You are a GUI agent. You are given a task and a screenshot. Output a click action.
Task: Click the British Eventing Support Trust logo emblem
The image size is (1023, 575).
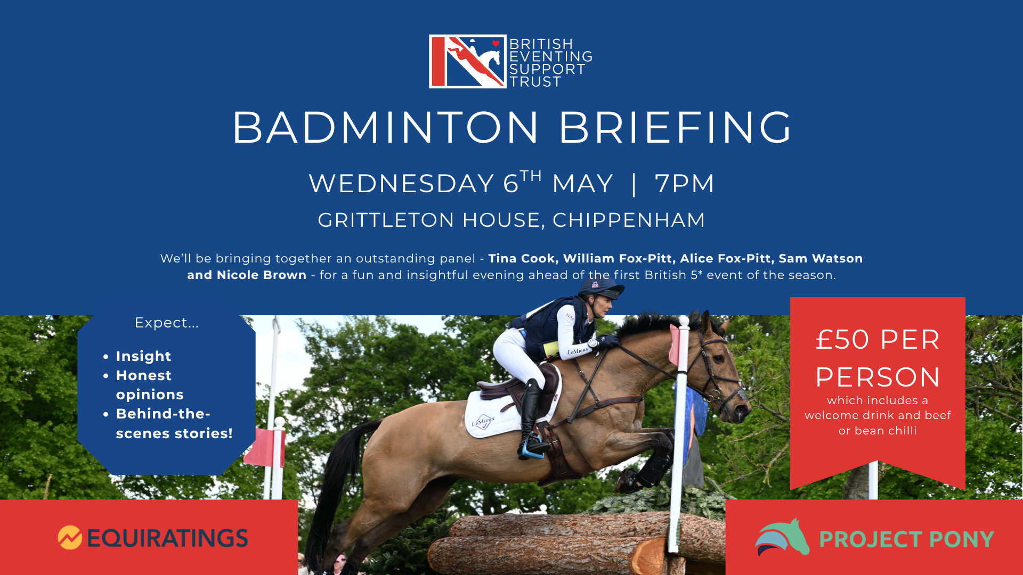pyautogui.click(x=467, y=62)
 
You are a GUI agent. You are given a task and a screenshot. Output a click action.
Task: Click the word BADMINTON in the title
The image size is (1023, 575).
pyautogui.click(x=386, y=128)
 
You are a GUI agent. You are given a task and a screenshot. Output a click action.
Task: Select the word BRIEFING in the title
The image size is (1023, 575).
pyautogui.click(x=675, y=128)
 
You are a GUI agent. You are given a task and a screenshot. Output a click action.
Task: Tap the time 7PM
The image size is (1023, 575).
pyautogui.click(x=684, y=184)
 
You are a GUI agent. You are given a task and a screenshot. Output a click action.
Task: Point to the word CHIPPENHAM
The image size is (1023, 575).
pyautogui.click(x=629, y=220)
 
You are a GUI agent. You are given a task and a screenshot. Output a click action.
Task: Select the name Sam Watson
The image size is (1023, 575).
pyautogui.click(x=821, y=259)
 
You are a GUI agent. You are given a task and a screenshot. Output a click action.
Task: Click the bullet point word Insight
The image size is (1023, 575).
pyautogui.click(x=143, y=356)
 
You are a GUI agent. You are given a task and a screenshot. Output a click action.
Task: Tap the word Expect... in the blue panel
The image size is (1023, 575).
pyautogui.click(x=166, y=323)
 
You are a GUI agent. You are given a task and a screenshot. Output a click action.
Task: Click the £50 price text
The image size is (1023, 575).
pyautogui.click(x=842, y=340)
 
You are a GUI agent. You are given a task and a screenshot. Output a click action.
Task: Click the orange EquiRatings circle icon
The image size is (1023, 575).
pyautogui.click(x=70, y=538)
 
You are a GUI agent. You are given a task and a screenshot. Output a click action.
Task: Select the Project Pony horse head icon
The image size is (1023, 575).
pyautogui.click(x=782, y=538)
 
